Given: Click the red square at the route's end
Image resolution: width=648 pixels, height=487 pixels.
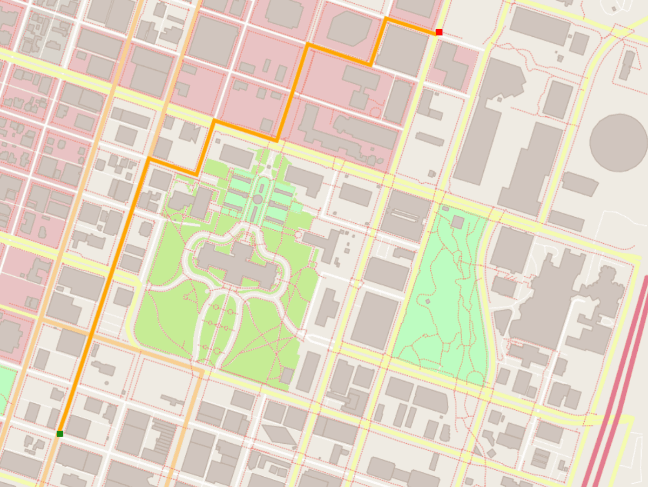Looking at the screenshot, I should pyautogui.click(x=439, y=32).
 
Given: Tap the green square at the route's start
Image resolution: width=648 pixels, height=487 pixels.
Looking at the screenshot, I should pyautogui.click(x=60, y=433).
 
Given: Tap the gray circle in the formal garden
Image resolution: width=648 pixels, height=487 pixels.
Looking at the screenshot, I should pyautogui.click(x=258, y=199).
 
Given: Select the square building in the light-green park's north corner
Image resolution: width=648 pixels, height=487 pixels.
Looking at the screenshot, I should pyautogui.click(x=457, y=222).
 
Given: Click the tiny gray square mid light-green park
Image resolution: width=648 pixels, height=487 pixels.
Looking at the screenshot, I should pyautogui.click(x=428, y=301).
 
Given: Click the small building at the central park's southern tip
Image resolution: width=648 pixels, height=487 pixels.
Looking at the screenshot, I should pyautogui.click(x=286, y=376).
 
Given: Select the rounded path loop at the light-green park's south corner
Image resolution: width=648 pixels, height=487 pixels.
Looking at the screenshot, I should pyautogui.click(x=475, y=378).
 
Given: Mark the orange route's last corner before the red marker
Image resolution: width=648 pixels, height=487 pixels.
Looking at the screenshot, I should pyautogui.click(x=386, y=18).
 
